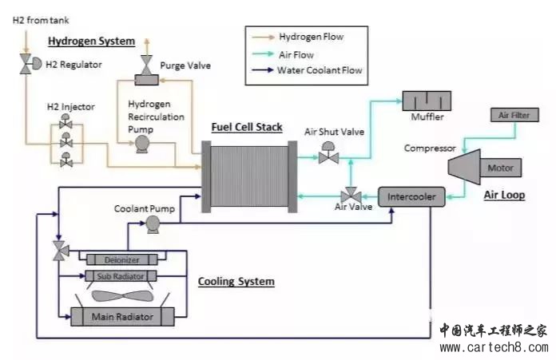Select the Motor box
(501, 168)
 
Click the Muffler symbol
(426, 101)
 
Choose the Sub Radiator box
(121, 276)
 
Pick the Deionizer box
(122, 259)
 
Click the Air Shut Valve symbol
(328, 156)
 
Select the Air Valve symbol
(349, 196)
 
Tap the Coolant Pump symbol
(153, 226)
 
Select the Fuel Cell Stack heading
(246, 128)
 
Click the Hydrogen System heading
(91, 42)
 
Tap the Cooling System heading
(236, 282)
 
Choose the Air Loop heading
(504, 195)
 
